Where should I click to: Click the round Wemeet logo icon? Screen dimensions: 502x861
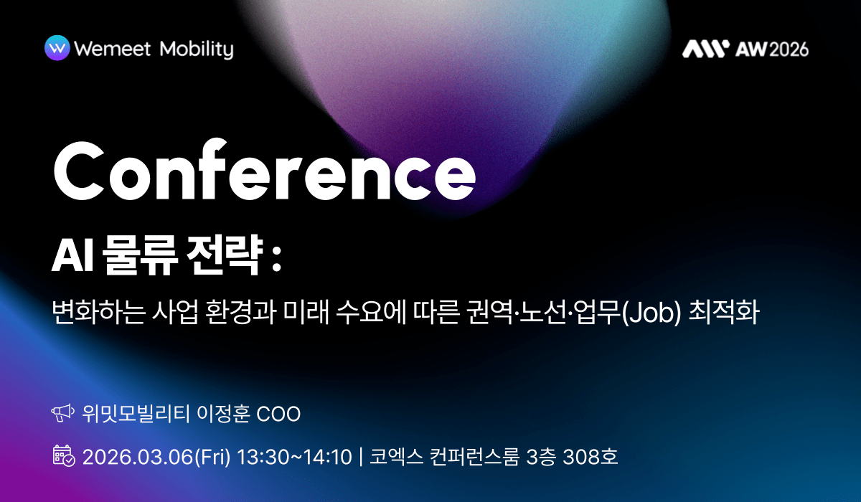(57, 48)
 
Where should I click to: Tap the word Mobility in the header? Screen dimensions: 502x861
(197, 49)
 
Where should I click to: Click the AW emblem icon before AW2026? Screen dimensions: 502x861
(705, 48)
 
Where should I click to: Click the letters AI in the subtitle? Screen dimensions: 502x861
(70, 257)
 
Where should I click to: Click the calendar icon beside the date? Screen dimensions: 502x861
(63, 455)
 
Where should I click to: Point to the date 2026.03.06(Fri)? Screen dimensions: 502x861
(157, 456)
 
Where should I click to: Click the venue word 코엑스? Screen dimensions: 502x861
(393, 456)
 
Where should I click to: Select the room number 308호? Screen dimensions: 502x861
(591, 456)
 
